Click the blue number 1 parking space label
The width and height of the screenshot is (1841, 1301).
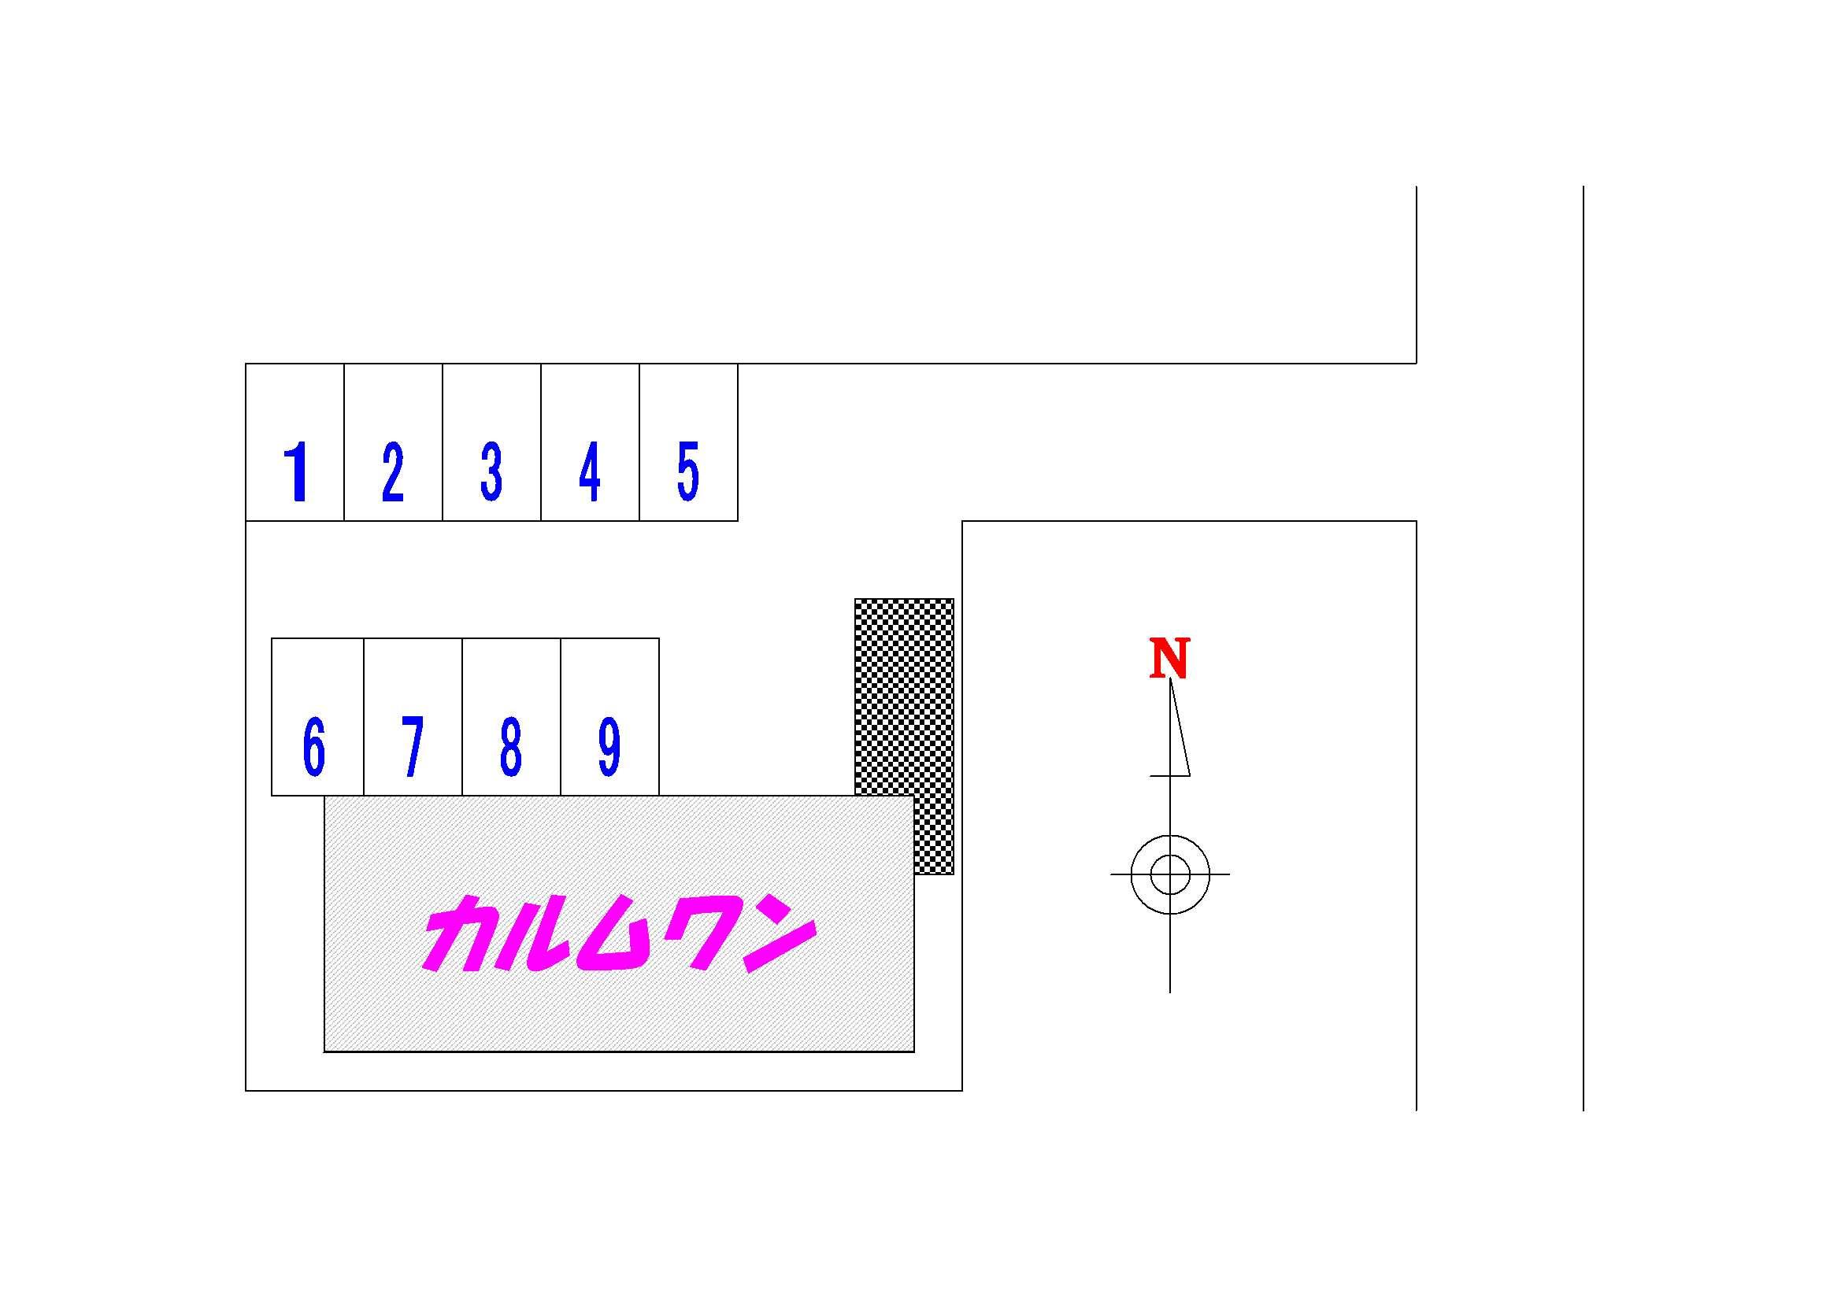[298, 472]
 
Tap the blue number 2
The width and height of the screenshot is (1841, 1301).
[392, 472]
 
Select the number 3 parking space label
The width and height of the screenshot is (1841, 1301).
[491, 472]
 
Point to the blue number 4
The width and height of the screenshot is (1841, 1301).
[589, 472]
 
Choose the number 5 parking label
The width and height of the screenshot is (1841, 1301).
[688, 472]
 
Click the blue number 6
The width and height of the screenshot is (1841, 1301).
[314, 746]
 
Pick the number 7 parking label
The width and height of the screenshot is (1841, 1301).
[412, 746]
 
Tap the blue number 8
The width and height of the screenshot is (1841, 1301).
[510, 746]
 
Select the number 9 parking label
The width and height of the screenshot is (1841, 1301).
[609, 746]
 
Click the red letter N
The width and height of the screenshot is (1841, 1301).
[1169, 658]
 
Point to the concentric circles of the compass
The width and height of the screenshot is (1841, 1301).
[1170, 874]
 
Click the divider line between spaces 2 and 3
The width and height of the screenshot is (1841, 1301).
[443, 442]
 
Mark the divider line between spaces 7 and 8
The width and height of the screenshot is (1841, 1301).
[462, 717]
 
